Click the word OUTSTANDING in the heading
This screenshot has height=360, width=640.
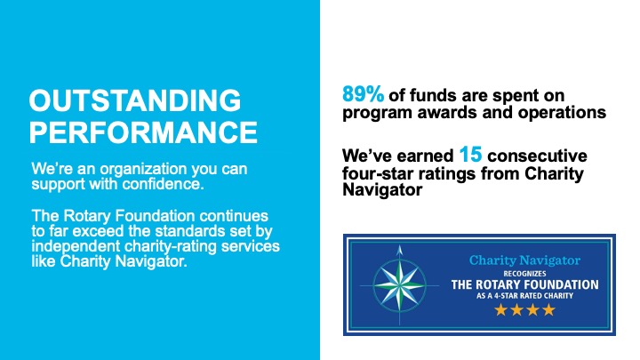tap(135, 100)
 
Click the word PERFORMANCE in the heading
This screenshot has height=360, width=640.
tap(143, 132)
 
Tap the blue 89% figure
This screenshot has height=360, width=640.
tap(363, 94)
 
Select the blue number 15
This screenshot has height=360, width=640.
tap(470, 155)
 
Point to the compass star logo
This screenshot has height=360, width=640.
tap(399, 284)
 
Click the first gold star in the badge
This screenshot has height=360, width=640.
tap(500, 310)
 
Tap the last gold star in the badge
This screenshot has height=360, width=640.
tap(549, 310)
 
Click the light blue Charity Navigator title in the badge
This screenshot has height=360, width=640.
tap(524, 260)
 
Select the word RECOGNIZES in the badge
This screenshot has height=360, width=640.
tap(524, 274)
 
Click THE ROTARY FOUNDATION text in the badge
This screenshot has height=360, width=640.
tap(524, 284)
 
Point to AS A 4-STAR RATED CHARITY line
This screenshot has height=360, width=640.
tap(524, 295)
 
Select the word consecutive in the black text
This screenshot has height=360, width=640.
tap(537, 156)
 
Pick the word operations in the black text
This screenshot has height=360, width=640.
tap(562, 113)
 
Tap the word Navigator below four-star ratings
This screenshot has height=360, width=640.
tap(382, 190)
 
